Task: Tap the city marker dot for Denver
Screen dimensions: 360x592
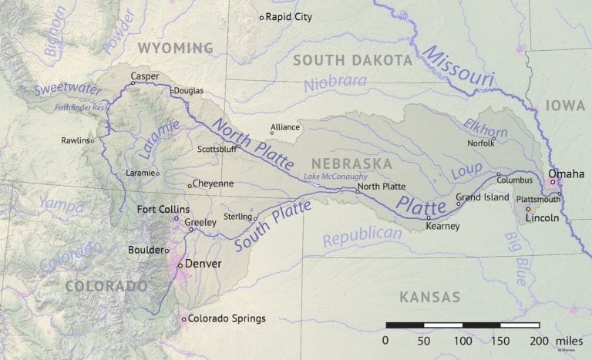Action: tap(180, 264)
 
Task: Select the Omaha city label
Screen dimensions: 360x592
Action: tap(566, 173)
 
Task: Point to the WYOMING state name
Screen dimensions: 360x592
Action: tap(175, 49)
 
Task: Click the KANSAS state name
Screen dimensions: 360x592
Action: tap(429, 297)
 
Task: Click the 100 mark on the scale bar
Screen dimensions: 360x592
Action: tap(462, 340)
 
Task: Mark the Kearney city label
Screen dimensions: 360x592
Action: tap(442, 226)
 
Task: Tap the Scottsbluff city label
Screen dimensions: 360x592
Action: tap(217, 149)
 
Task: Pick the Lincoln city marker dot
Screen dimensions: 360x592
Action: tap(528, 209)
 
